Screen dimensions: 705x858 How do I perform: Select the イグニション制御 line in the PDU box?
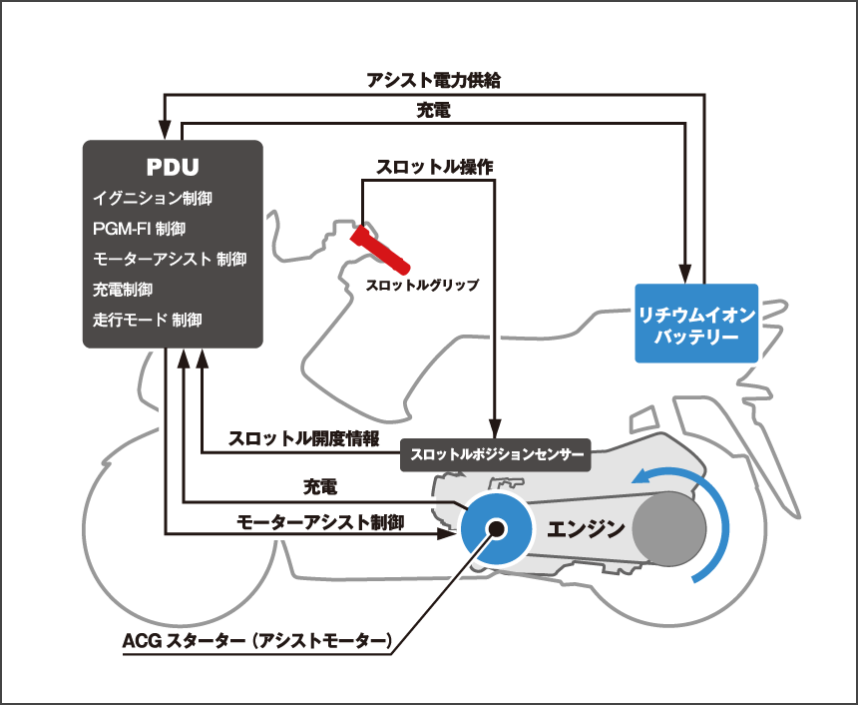tap(153, 199)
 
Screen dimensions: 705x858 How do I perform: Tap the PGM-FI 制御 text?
tap(139, 229)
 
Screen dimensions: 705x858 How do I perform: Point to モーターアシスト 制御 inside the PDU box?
tap(170, 259)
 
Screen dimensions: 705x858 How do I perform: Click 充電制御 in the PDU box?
tap(123, 290)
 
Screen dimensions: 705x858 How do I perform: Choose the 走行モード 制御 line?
tap(148, 321)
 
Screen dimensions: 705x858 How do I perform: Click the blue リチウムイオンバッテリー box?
tap(696, 324)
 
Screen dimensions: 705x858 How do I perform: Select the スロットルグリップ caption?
tap(422, 286)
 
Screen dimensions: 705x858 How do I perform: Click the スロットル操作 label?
tap(434, 167)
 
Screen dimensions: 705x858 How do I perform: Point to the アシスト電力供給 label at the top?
tap(433, 81)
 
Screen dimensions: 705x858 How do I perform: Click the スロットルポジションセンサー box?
tap(495, 455)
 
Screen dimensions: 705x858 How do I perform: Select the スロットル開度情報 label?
tap(304, 438)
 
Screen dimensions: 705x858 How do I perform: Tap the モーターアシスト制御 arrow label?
tap(320, 521)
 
